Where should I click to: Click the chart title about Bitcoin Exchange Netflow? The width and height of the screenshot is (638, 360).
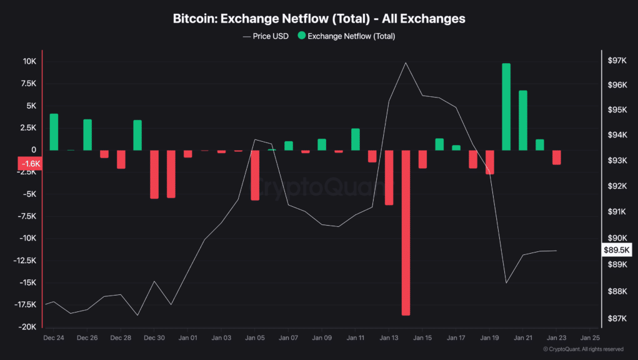pos(319,19)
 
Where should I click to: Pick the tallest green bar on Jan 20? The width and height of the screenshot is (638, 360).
pos(506,107)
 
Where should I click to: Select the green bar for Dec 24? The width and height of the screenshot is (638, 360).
pos(54,132)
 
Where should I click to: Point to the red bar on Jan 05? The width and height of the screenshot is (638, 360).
pos(255,175)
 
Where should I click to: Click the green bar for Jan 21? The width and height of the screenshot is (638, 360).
pos(523,120)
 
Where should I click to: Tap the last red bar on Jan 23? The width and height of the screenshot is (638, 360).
pos(556,157)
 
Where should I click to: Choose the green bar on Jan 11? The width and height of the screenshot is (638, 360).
pos(355,139)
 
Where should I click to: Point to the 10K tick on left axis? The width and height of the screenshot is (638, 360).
pos(29,61)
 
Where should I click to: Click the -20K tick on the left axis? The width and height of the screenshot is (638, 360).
pos(27,327)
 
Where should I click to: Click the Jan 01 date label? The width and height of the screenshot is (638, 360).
pos(187,337)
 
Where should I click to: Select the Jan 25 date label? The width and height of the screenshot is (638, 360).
pos(590,337)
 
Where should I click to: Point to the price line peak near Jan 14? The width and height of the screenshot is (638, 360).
pos(406,62)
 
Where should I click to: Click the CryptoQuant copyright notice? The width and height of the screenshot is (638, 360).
pos(583,349)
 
